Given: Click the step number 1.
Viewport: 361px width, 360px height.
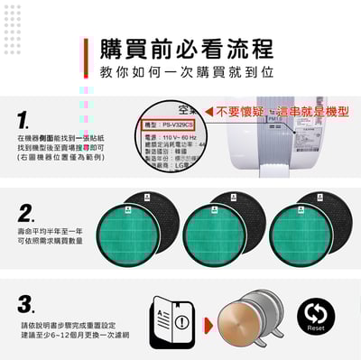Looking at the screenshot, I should (24, 118).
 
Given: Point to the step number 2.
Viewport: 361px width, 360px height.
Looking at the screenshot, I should (26, 214).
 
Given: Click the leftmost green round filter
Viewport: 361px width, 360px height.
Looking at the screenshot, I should (125, 234).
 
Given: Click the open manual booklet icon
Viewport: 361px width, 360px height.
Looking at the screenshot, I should (167, 322).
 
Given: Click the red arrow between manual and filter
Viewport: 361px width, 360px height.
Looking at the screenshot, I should (208, 323).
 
